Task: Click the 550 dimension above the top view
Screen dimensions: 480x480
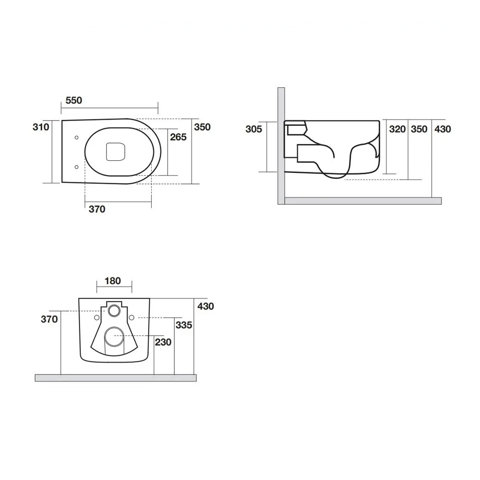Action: (74, 100)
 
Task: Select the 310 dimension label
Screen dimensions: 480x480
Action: (41, 127)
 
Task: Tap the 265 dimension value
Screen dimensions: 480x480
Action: (178, 137)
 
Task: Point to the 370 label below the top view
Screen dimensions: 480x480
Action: (97, 209)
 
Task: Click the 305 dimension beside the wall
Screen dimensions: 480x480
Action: (253, 129)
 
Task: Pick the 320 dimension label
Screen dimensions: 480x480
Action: (397, 129)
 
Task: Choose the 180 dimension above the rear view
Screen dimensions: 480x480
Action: (113, 281)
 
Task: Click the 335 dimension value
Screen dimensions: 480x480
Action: (184, 325)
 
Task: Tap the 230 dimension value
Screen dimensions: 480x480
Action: (163, 342)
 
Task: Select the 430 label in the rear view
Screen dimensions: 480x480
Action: (205, 306)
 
